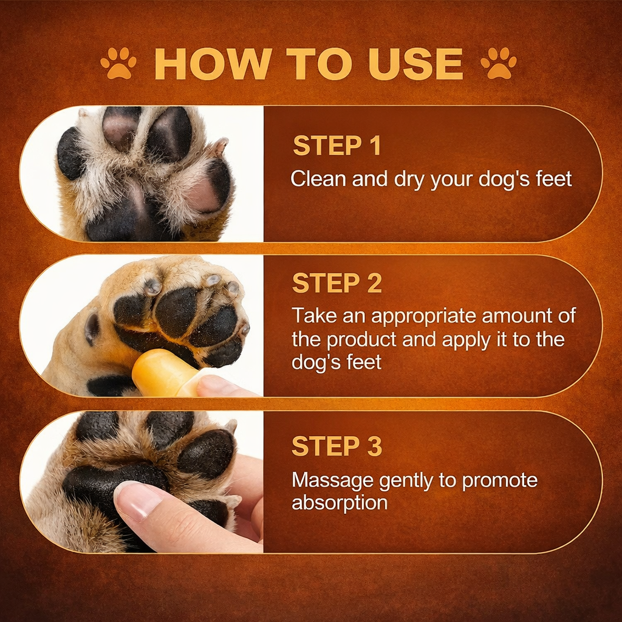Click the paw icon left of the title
tap(118, 63)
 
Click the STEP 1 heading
tap(337, 146)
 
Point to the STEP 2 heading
tap(337, 283)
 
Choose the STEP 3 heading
tap(337, 446)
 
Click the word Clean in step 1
tap(316, 179)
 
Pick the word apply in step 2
tap(466, 340)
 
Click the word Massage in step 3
tap(332, 480)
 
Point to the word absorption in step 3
tap(340, 503)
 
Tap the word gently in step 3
tap(406, 480)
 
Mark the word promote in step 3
tap(500, 480)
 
